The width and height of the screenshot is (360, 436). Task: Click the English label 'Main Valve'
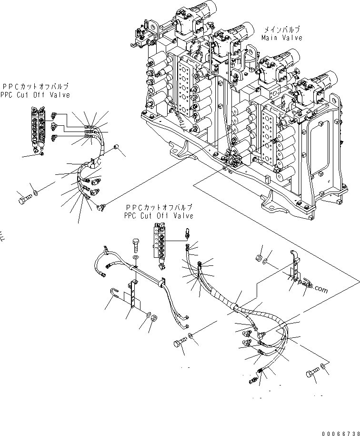tap(281, 38)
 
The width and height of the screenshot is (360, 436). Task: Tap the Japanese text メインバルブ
tap(281, 30)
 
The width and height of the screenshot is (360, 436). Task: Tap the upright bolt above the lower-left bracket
tap(135, 247)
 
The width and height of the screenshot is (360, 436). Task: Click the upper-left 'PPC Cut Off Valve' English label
tap(35, 94)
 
